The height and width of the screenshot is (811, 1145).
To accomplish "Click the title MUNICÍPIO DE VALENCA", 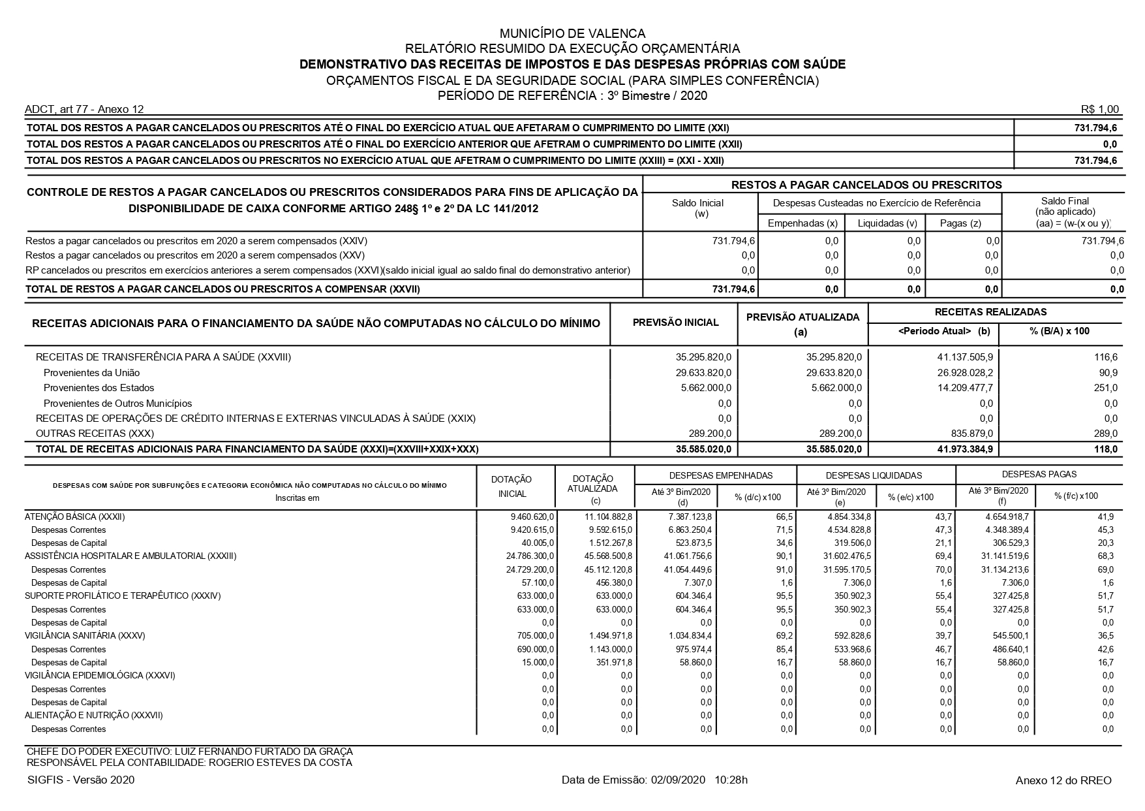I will click(572, 33).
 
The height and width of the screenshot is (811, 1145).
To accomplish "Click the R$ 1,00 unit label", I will click(1100, 110).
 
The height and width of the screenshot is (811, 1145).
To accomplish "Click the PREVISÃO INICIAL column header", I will click(675, 323).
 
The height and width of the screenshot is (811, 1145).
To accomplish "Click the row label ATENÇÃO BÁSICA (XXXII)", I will click(74, 517).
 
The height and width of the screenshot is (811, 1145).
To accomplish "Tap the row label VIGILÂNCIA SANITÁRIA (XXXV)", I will click(85, 635).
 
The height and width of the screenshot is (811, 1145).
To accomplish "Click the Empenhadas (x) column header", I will click(802, 223).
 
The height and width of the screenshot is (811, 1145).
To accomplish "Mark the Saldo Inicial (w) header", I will click(701, 208).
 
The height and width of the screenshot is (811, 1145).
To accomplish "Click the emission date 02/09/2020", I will click(679, 780).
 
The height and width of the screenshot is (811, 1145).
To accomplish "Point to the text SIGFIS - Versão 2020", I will click(81, 780).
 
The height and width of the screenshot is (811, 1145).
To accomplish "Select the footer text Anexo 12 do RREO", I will click(1063, 781).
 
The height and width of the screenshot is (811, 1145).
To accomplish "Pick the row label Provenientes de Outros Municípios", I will click(117, 404).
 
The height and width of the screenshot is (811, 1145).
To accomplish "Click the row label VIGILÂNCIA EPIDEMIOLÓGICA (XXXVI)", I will click(100, 675).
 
